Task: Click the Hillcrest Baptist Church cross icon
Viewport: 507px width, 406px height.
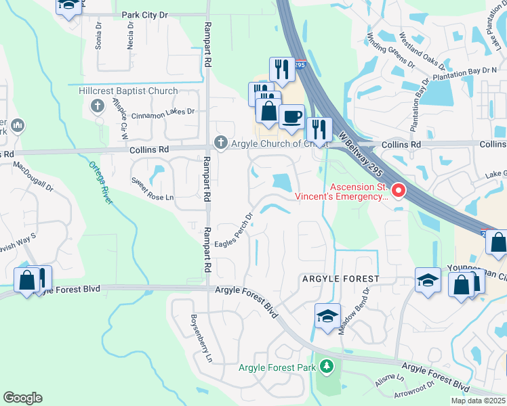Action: point(98,106)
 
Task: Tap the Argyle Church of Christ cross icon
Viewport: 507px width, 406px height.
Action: point(220,143)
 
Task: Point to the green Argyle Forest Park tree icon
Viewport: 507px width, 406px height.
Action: point(327,367)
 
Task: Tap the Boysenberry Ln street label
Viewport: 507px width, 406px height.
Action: point(201,336)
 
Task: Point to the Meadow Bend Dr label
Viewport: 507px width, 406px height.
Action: point(353,311)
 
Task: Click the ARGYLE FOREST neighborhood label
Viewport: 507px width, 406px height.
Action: point(340,279)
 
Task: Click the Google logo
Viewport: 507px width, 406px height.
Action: point(22,398)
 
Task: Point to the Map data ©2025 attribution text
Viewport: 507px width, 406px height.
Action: point(477,401)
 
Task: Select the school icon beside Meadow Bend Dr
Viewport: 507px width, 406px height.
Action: point(327,316)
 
